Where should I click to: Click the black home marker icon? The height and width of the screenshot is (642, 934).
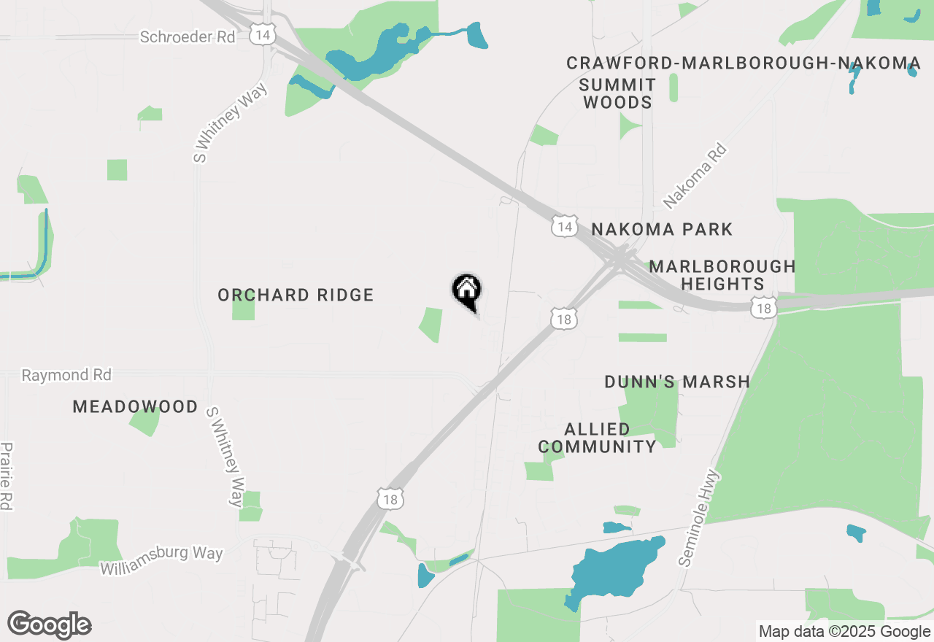point(467,291)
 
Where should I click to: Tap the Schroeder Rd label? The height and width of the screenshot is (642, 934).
point(188,36)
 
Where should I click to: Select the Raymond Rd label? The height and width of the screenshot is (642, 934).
point(66,375)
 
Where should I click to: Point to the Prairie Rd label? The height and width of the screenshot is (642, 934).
point(7,476)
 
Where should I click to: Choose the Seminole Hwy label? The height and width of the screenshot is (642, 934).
point(699,518)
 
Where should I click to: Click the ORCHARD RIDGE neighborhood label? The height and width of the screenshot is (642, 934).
point(296,295)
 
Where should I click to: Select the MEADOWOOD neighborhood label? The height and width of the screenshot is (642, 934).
point(135,407)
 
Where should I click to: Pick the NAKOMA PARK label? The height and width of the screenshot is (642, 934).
point(662,230)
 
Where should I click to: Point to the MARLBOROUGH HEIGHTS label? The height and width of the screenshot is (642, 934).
point(722,275)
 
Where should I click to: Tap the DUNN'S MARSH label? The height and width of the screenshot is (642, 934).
point(677,382)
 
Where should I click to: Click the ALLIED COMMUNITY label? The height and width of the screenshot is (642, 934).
point(598,438)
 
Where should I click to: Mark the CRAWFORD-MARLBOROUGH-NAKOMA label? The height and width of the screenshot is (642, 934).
point(744,63)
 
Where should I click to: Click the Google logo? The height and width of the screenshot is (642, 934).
point(50,624)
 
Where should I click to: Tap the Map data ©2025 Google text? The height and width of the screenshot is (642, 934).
point(844,632)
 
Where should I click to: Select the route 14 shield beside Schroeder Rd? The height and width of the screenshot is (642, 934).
point(262,34)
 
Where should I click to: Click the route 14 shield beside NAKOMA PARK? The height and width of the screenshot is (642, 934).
point(564,227)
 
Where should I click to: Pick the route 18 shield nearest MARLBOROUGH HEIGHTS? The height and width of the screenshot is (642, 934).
point(764,309)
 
